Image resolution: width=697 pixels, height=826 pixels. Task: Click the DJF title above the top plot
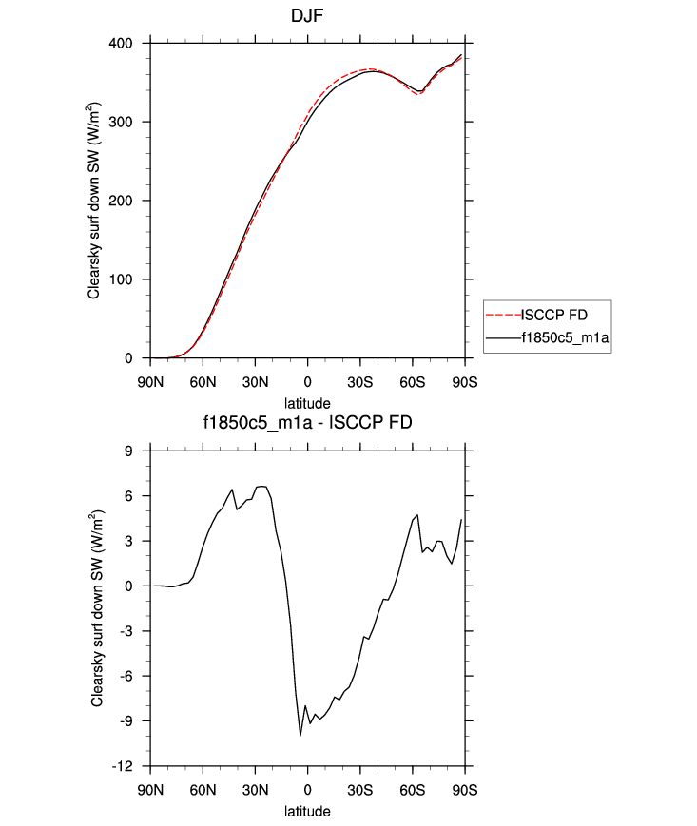click(307, 16)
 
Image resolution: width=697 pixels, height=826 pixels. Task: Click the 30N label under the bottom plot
click(255, 791)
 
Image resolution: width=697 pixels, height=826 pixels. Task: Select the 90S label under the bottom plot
click(465, 791)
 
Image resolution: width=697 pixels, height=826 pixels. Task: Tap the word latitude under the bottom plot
click(307, 811)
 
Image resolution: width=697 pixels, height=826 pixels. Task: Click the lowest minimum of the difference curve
click(300, 735)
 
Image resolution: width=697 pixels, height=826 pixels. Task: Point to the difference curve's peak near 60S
click(417, 515)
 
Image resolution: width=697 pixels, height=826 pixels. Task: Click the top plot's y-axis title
click(94, 201)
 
